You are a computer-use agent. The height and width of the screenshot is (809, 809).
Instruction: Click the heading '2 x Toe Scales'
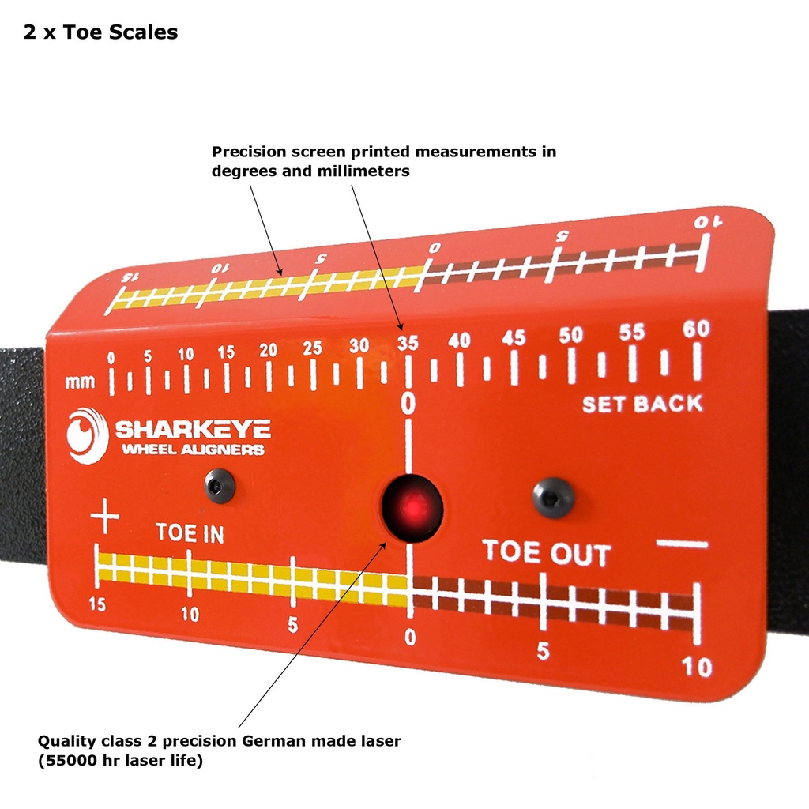[100, 32]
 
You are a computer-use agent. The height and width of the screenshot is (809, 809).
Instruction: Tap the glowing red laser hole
[412, 509]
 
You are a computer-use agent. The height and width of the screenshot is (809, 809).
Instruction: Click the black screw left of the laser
[220, 486]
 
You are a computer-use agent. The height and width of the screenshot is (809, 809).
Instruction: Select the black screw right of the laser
[553, 498]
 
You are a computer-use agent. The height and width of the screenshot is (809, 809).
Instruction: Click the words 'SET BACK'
[642, 404]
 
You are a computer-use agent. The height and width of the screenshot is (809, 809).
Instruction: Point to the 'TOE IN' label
[190, 533]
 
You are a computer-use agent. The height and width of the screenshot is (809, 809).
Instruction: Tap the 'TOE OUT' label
[547, 552]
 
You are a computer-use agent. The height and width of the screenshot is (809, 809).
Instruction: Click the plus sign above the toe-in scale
[105, 515]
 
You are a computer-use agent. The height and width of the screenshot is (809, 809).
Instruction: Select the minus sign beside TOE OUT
[682, 544]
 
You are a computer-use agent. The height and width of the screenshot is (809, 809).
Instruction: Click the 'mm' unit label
[80, 382]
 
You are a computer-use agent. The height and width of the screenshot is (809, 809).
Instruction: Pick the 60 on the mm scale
[696, 329]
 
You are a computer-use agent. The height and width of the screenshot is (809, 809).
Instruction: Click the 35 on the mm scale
[408, 343]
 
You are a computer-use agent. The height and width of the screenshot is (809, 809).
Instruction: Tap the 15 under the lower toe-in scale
[97, 604]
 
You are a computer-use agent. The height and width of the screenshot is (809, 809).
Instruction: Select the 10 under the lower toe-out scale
[697, 667]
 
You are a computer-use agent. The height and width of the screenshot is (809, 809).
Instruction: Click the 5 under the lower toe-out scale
[543, 651]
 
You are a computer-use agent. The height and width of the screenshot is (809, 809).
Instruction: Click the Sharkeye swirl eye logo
[87, 436]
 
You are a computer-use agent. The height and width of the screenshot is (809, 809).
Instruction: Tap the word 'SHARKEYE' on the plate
[193, 429]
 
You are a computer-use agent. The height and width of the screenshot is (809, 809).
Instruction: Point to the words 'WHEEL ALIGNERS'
[193, 450]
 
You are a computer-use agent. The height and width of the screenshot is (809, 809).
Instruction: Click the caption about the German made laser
[219, 751]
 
